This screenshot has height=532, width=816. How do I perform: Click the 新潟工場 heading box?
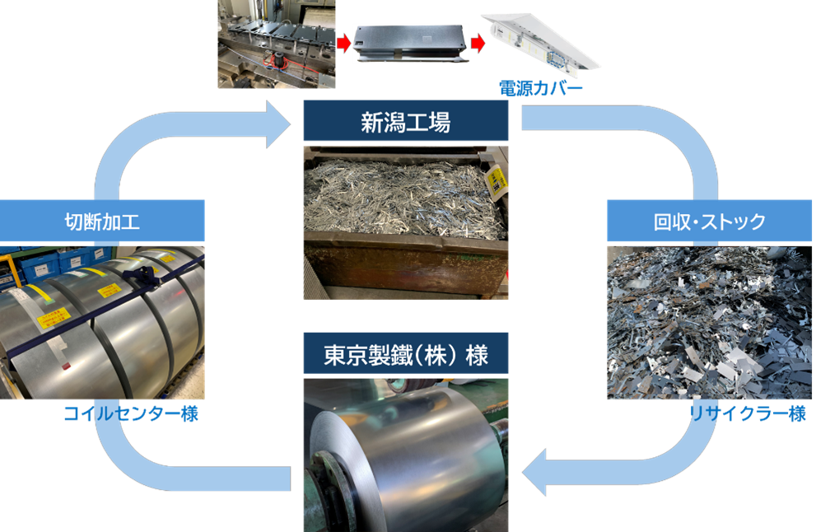tap(405, 122)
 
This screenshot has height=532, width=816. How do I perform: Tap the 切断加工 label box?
tap(102, 221)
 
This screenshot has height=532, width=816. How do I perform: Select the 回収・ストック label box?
tap(710, 221)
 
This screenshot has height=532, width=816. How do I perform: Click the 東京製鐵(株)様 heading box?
tap(405, 356)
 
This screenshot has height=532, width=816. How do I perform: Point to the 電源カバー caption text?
tap(540, 87)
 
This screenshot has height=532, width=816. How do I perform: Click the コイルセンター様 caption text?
tap(131, 413)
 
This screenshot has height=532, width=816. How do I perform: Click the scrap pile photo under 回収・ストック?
tap(710, 321)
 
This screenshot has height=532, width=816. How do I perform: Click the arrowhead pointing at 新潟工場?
tap(280, 125)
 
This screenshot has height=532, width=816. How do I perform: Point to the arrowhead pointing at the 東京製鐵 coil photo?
tap(535, 474)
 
